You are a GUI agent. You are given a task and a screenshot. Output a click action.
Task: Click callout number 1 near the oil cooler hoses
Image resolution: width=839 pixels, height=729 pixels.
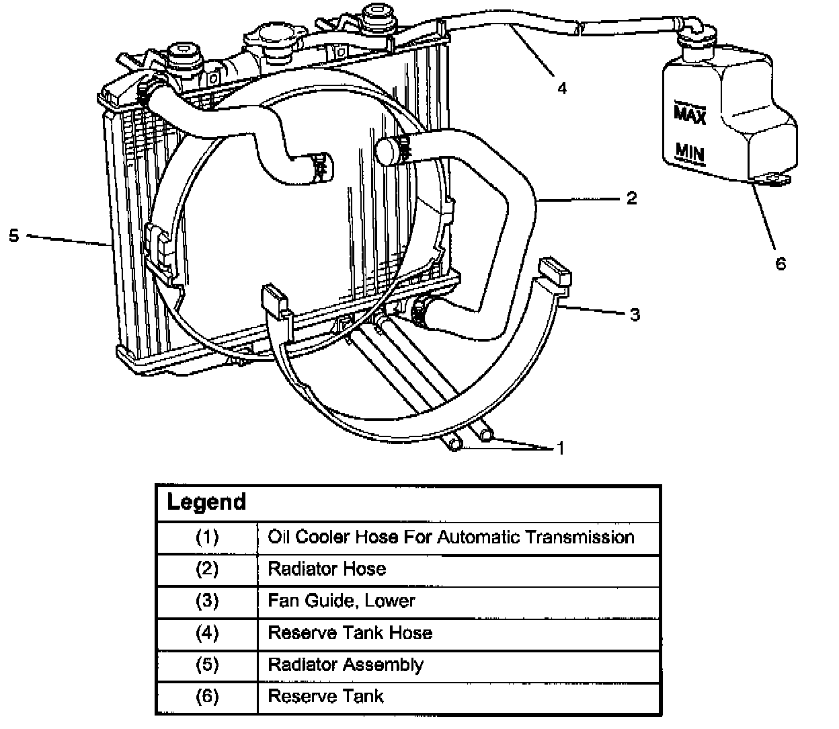coord(561,448)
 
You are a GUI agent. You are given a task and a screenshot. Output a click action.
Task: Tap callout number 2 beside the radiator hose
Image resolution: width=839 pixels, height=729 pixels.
coord(632,198)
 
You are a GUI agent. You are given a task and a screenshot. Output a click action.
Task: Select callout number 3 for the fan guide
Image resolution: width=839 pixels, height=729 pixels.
coord(635,315)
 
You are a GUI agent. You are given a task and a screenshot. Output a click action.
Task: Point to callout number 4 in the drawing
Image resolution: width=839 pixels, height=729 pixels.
coord(562,88)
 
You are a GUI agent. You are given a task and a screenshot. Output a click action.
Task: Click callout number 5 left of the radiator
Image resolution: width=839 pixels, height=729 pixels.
coord(14,235)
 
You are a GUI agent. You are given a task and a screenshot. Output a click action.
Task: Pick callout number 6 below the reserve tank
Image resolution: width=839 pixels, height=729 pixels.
coord(781,264)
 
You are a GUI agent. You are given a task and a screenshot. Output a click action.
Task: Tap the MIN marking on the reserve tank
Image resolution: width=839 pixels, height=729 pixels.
coord(690,153)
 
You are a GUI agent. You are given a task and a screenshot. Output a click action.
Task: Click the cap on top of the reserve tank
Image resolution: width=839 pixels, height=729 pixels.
coord(696,40)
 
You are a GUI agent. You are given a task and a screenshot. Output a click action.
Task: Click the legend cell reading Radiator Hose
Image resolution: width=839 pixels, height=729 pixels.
coord(327,568)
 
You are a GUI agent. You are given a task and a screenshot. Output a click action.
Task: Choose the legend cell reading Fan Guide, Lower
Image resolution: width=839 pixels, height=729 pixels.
coord(341,601)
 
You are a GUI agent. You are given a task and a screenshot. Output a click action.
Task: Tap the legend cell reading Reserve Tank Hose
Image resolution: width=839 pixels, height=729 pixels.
coord(350,633)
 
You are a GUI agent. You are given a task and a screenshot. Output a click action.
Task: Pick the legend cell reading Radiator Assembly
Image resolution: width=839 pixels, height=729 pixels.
coord(346,665)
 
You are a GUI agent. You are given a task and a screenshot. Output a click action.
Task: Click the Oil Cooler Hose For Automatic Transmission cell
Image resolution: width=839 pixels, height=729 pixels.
coord(450,537)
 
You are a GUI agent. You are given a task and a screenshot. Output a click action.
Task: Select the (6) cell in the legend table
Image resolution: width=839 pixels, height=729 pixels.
coord(207,697)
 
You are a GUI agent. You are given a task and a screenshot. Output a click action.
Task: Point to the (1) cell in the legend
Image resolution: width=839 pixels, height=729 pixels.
coord(207,537)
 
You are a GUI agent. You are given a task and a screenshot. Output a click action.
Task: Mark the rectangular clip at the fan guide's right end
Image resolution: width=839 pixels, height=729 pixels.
coord(555,272)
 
